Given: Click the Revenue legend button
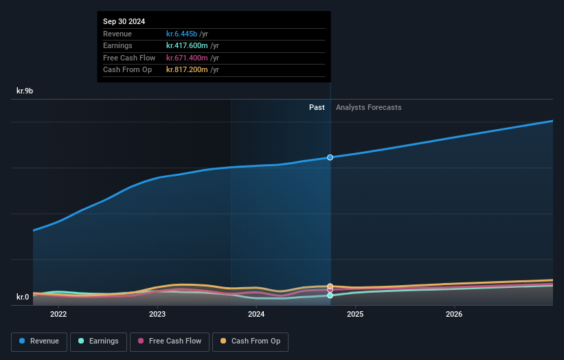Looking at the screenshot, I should [x=39, y=341].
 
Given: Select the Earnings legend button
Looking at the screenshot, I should [x=98, y=341].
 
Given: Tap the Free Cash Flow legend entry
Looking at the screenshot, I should [x=170, y=341].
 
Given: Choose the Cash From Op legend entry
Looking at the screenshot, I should [x=251, y=341].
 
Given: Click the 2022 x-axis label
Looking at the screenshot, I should [x=58, y=315].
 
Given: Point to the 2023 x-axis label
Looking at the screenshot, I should [x=157, y=315].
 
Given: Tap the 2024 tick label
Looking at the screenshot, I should [x=256, y=315].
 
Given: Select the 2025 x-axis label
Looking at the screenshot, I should [x=355, y=315].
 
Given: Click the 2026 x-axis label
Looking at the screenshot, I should [x=454, y=315].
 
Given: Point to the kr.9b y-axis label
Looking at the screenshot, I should [x=25, y=91].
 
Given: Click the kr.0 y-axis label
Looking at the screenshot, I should [x=23, y=297].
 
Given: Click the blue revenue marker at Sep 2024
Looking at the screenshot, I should [x=330, y=157].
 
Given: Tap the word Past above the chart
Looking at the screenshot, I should [x=317, y=107].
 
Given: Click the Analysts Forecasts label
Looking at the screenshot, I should [x=368, y=107].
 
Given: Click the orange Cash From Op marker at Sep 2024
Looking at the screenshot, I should [x=330, y=286].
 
